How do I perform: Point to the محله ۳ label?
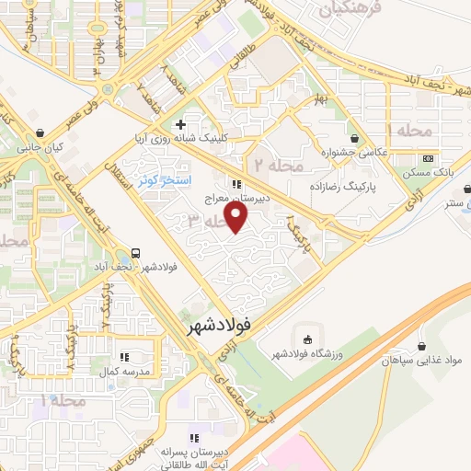tap(208, 221)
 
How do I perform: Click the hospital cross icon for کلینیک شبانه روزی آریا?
tap(180, 123)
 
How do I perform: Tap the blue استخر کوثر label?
tap(165, 181)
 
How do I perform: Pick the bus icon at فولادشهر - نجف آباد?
tap(136, 253)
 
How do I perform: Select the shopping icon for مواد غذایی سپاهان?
tap(422, 348)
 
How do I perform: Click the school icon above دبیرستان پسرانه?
tap(193, 439)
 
